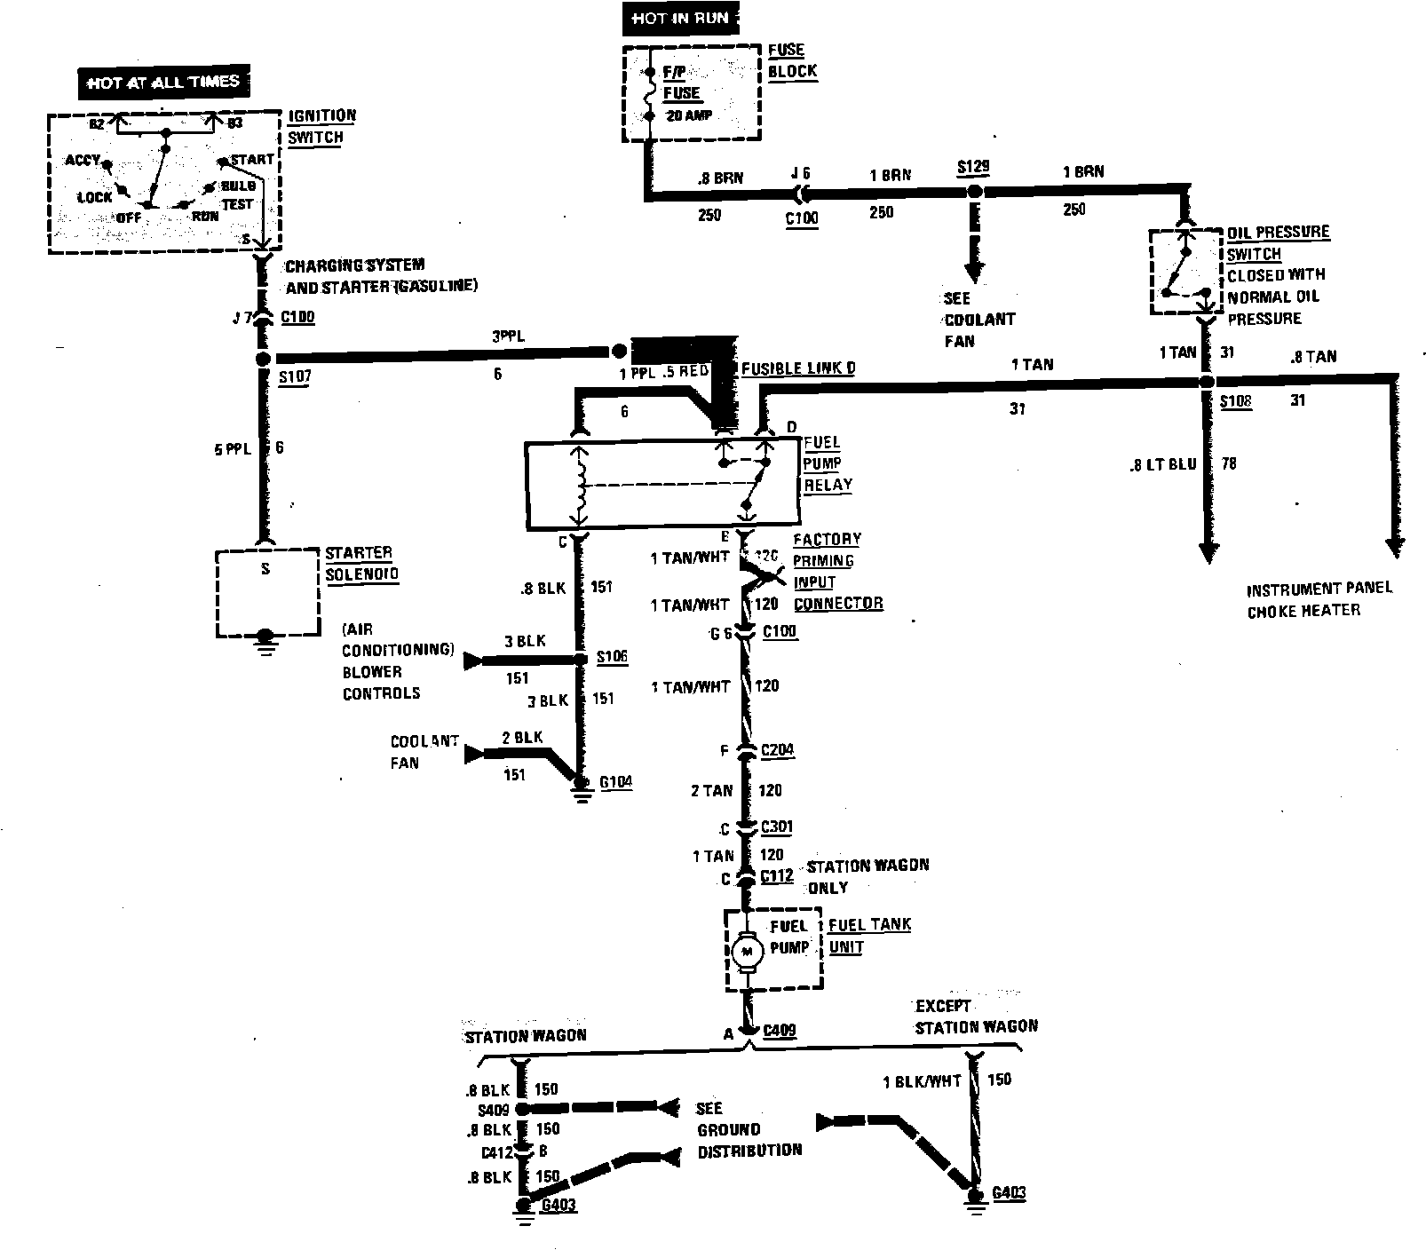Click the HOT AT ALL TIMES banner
coord(163,83)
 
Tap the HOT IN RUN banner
coord(680,19)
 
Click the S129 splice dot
coord(974,192)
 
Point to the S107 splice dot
coord(263,359)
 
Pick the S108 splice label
coord(1235,401)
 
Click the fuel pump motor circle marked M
coord(746,953)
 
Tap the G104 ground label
coord(616,782)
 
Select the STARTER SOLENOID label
coord(361,564)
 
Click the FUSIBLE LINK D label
coord(797,368)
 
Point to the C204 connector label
coord(778,750)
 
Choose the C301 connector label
coord(777,827)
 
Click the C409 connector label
coord(779,1031)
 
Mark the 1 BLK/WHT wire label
coord(922,1081)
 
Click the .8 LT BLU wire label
coord(1163,463)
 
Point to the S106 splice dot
coord(580,660)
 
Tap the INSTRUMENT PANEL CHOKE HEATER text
coord(1319,600)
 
